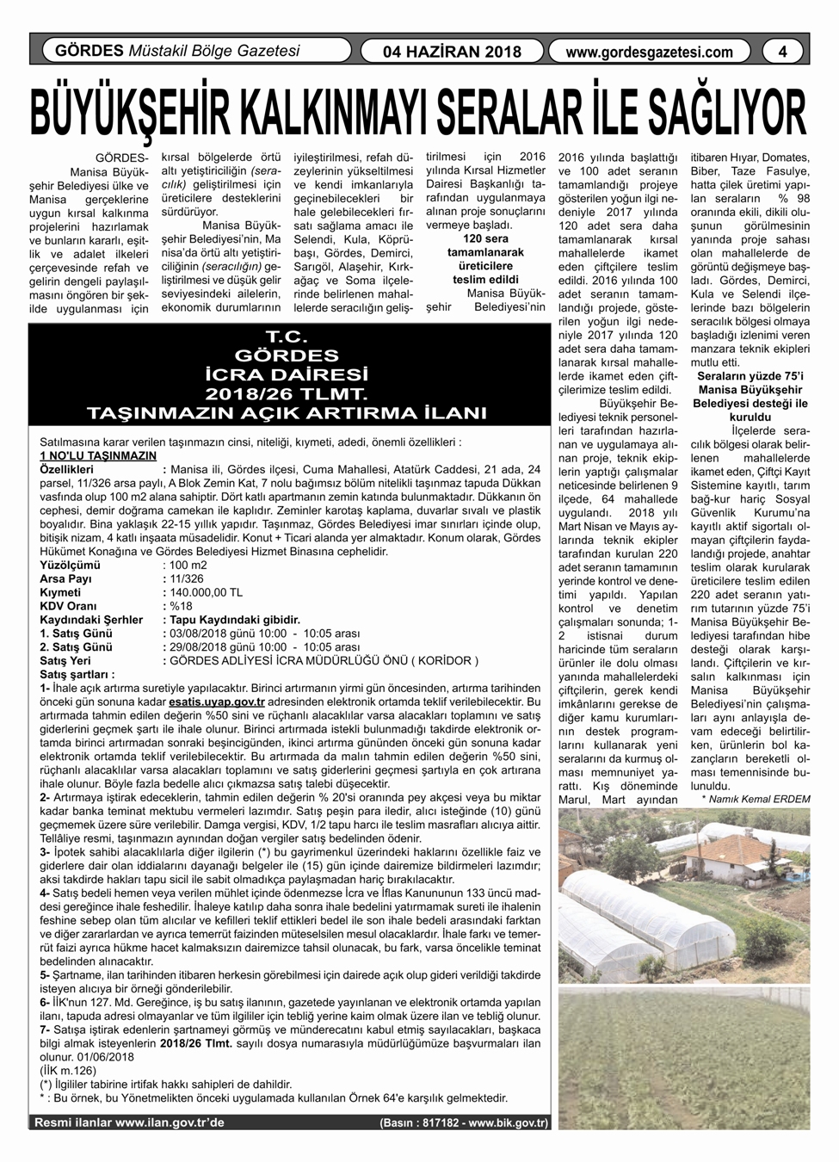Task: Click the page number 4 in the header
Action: click(782, 51)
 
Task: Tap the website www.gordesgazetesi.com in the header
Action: click(650, 52)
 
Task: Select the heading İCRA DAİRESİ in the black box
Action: click(287, 375)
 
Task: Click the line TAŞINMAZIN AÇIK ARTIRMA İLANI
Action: click(287, 412)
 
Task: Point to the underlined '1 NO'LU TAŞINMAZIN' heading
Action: click(98, 455)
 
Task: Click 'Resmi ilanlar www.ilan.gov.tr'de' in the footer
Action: click(129, 1122)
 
